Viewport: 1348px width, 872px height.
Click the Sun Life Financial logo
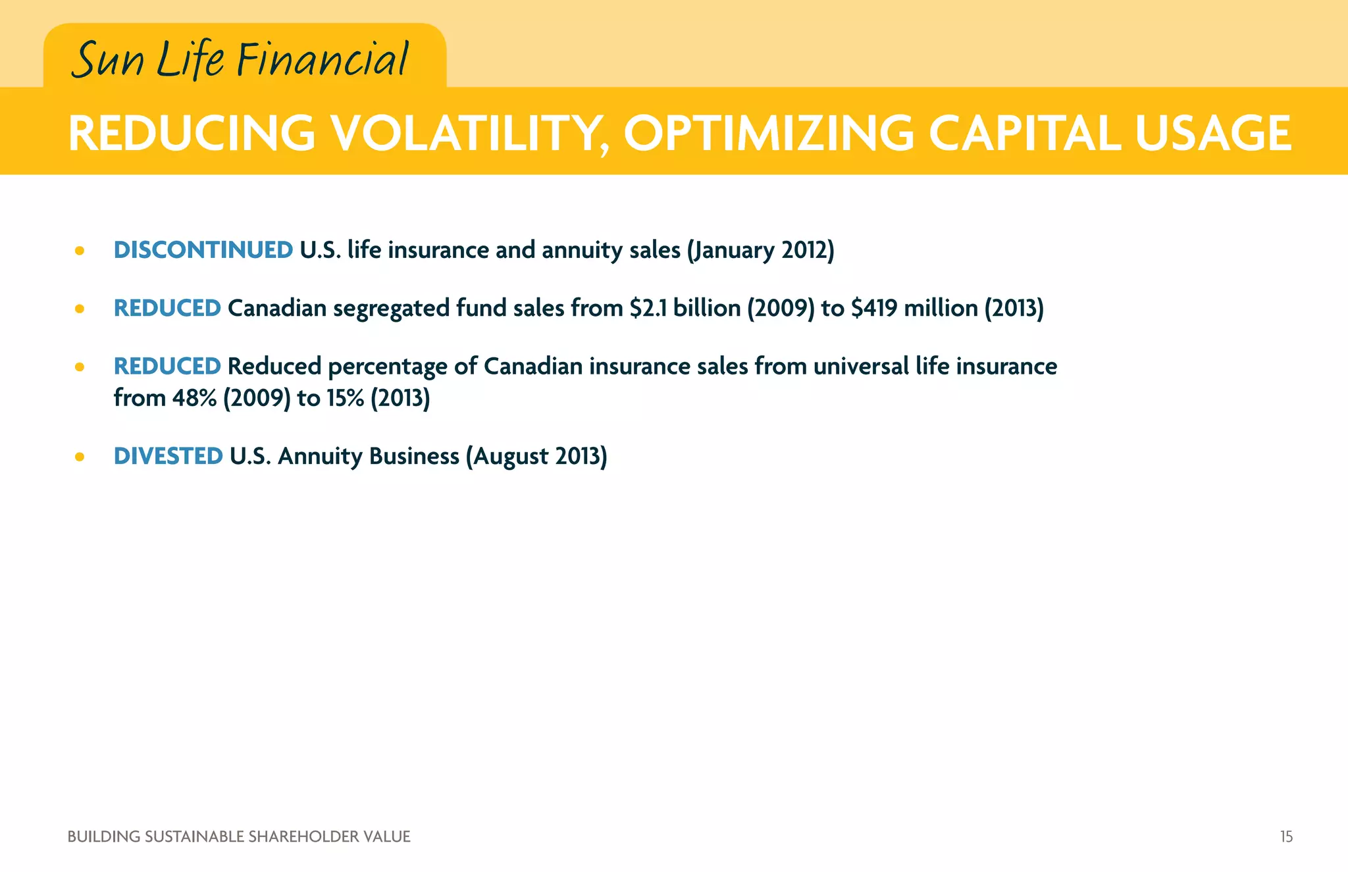click(x=240, y=59)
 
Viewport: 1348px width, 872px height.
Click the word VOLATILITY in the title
click(x=469, y=134)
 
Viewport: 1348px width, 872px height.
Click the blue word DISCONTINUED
click(x=203, y=250)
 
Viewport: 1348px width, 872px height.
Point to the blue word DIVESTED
click(x=168, y=456)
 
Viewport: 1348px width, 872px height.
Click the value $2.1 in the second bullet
click(x=648, y=308)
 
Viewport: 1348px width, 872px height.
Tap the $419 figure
click(x=873, y=308)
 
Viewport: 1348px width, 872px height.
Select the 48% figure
click(x=194, y=398)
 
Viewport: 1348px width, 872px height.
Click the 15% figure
click(x=345, y=398)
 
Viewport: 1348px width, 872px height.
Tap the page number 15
click(x=1286, y=836)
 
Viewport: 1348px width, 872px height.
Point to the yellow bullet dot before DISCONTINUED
click(x=80, y=251)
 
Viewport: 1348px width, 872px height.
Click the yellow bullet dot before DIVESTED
click(x=80, y=457)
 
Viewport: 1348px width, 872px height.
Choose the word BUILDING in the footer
click(x=104, y=836)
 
